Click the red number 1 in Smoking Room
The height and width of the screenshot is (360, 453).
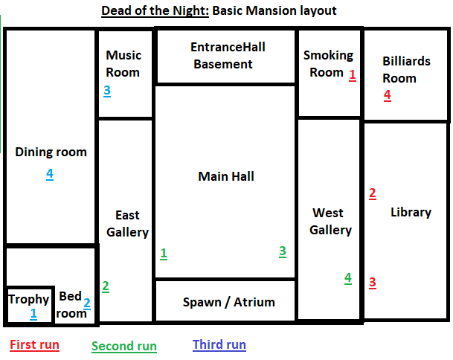point(352,75)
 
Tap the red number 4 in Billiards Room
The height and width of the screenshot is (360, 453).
point(388,95)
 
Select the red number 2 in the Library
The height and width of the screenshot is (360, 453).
point(373,193)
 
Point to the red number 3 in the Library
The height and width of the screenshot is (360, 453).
point(373,283)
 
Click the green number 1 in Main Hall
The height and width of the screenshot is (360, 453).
point(164,254)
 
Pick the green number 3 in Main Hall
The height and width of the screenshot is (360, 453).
point(283,251)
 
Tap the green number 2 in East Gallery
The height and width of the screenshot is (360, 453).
point(106,286)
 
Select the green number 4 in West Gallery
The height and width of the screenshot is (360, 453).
point(348,278)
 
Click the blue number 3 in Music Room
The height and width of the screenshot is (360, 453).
point(107,91)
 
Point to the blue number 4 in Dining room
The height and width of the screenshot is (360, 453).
point(50,174)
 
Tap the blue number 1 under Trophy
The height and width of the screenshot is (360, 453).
point(33,314)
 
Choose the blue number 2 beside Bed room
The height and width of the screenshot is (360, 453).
point(87,303)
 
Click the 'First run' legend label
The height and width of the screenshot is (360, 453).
point(35,344)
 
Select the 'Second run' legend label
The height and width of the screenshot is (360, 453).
point(124,346)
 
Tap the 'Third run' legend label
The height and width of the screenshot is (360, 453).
point(219,344)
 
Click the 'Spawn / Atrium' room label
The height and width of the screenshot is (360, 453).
point(229,302)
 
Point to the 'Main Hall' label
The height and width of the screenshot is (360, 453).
point(226,176)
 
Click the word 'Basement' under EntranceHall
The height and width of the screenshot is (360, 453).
point(223,64)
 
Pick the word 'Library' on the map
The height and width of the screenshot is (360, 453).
point(411,213)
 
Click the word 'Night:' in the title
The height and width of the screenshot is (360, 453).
point(190,11)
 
